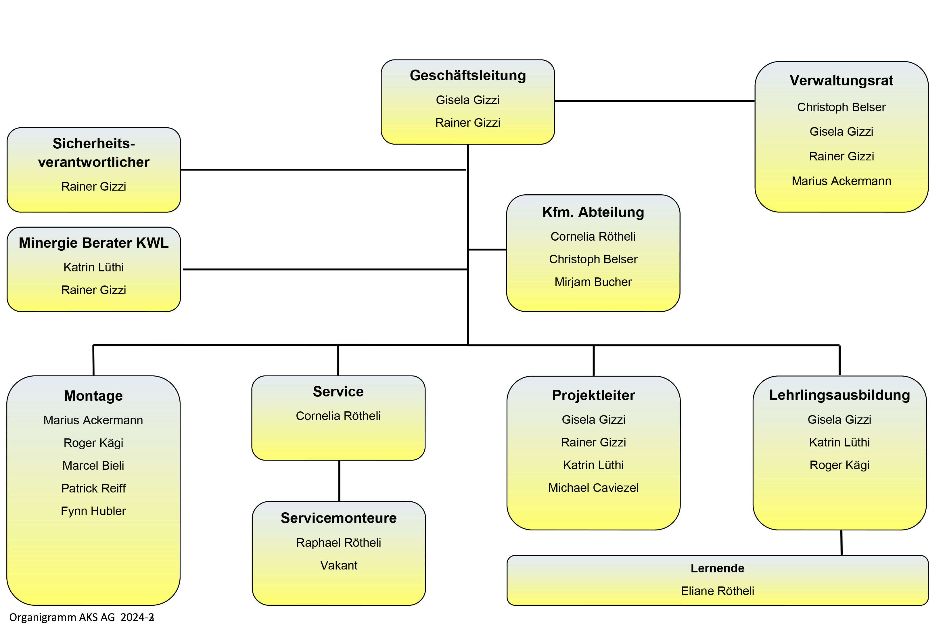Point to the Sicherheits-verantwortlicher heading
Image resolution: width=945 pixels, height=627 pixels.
[x=94, y=153]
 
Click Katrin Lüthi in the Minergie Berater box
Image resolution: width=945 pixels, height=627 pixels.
[x=94, y=267]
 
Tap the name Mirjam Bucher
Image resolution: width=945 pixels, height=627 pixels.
[x=593, y=282]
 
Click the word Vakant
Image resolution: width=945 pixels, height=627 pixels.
[x=339, y=565]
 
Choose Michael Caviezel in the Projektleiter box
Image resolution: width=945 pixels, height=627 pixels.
[x=593, y=488]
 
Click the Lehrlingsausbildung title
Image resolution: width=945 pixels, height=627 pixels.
[x=839, y=395]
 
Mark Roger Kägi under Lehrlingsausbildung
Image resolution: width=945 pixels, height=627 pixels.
[x=839, y=465]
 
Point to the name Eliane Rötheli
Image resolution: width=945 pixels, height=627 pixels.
[x=718, y=591]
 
